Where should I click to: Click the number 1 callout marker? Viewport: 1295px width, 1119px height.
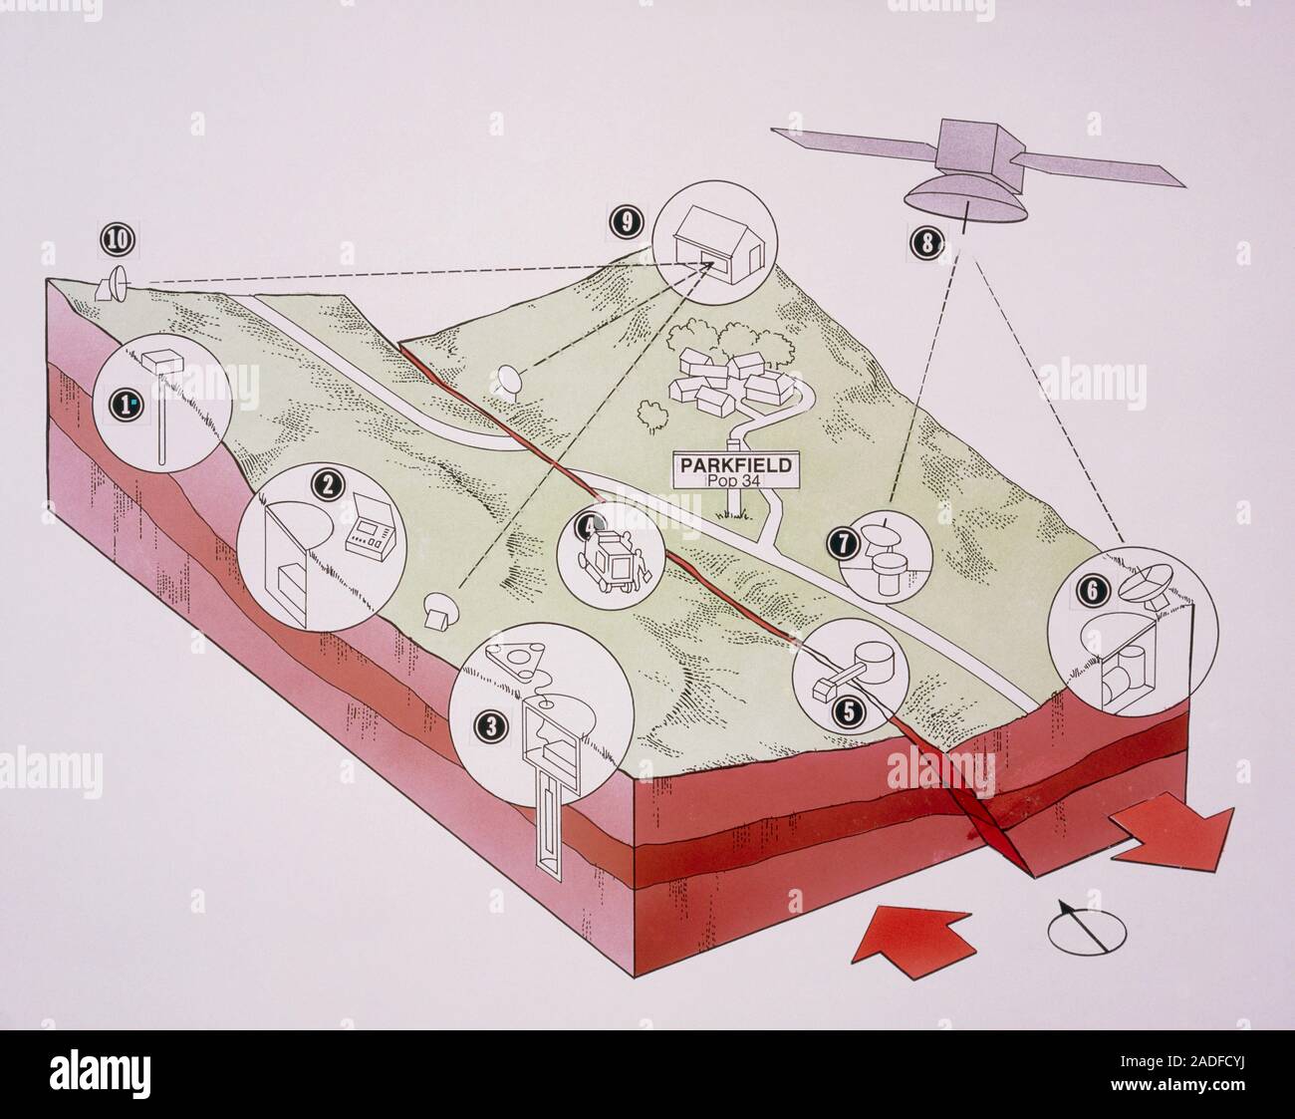point(127,404)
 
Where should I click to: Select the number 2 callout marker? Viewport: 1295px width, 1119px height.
point(326,485)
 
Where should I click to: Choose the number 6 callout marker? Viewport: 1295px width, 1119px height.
point(1091,590)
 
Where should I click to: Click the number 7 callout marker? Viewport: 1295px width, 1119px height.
point(844,543)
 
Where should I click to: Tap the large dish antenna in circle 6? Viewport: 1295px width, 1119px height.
point(1156,583)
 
